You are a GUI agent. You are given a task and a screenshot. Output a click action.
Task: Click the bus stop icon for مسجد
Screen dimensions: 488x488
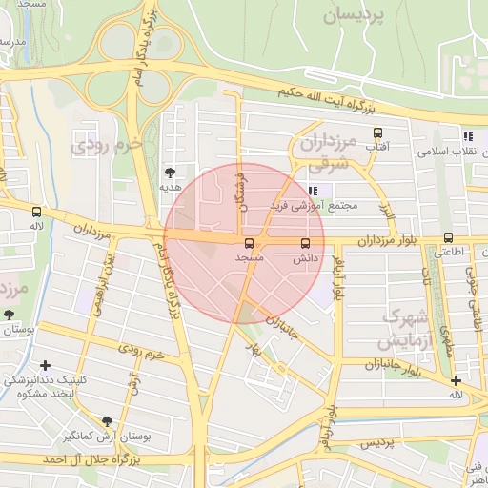click(250, 244)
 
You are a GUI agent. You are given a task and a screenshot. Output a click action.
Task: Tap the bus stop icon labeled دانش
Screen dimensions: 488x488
click(305, 243)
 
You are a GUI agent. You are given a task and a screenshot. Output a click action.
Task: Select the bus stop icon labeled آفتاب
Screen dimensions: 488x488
click(378, 133)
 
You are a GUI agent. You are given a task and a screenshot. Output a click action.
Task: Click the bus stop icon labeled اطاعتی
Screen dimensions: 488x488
click(448, 238)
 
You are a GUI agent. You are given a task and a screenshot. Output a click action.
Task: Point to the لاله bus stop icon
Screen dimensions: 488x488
click(36, 212)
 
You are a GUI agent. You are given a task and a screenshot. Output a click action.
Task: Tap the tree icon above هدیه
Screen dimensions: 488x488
click(170, 173)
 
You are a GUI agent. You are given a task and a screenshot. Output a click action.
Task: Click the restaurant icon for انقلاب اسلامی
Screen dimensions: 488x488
click(468, 136)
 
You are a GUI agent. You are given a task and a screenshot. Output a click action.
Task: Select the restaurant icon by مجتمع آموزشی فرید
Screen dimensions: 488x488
click(314, 191)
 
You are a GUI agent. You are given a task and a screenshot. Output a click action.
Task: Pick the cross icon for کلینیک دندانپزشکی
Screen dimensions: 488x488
click(46, 365)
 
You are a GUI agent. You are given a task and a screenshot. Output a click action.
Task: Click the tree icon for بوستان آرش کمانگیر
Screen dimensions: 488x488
click(107, 420)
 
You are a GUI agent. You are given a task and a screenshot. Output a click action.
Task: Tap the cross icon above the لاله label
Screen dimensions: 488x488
click(457, 380)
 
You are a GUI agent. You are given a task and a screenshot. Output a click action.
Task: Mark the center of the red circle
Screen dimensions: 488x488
click(244, 243)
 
